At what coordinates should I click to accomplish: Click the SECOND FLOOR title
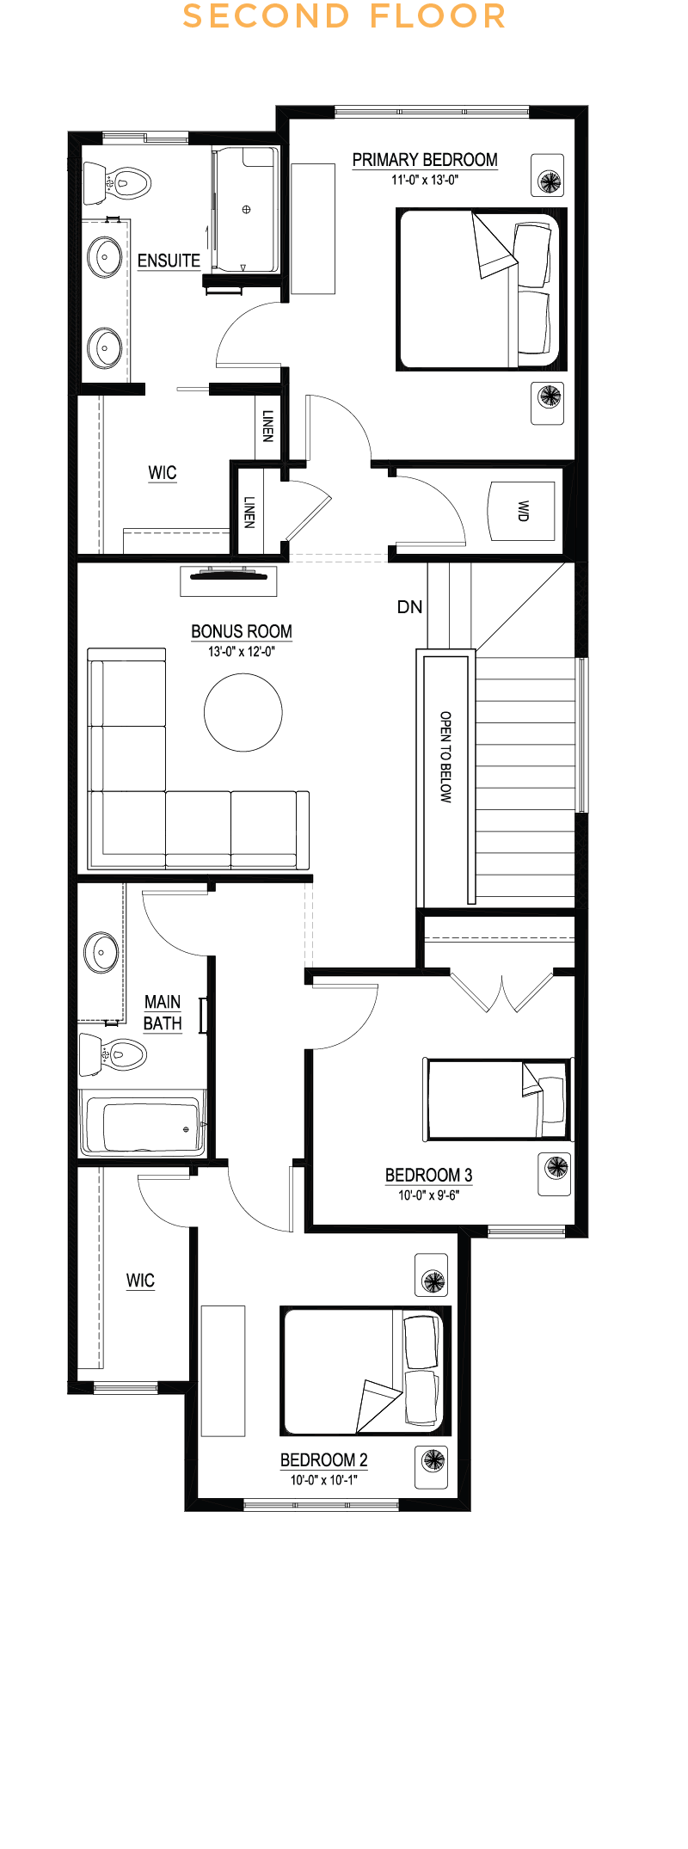point(344,16)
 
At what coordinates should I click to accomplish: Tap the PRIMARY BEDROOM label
point(425,160)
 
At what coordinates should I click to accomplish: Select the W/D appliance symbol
point(522,511)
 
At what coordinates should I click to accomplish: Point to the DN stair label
point(409,607)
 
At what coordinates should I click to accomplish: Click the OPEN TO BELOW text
point(445,757)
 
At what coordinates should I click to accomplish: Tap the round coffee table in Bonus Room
point(243,712)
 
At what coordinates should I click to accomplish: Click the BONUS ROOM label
point(242,631)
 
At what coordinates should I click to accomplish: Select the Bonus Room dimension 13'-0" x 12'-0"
point(242,652)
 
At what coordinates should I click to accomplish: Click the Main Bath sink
point(101,953)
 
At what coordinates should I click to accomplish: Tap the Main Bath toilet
point(113,1054)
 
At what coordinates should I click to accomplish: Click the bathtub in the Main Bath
point(143,1123)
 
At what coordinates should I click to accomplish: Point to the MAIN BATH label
point(163,1012)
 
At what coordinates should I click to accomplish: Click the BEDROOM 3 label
point(428,1175)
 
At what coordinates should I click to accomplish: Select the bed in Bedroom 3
point(498,1100)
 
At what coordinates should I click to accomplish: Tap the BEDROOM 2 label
point(324,1459)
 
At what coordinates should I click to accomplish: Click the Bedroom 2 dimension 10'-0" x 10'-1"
point(324,1480)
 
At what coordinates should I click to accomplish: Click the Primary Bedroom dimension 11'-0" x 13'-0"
point(425,180)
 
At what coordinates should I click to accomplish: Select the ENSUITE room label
point(169,261)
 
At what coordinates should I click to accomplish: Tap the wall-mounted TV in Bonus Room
point(229,575)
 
